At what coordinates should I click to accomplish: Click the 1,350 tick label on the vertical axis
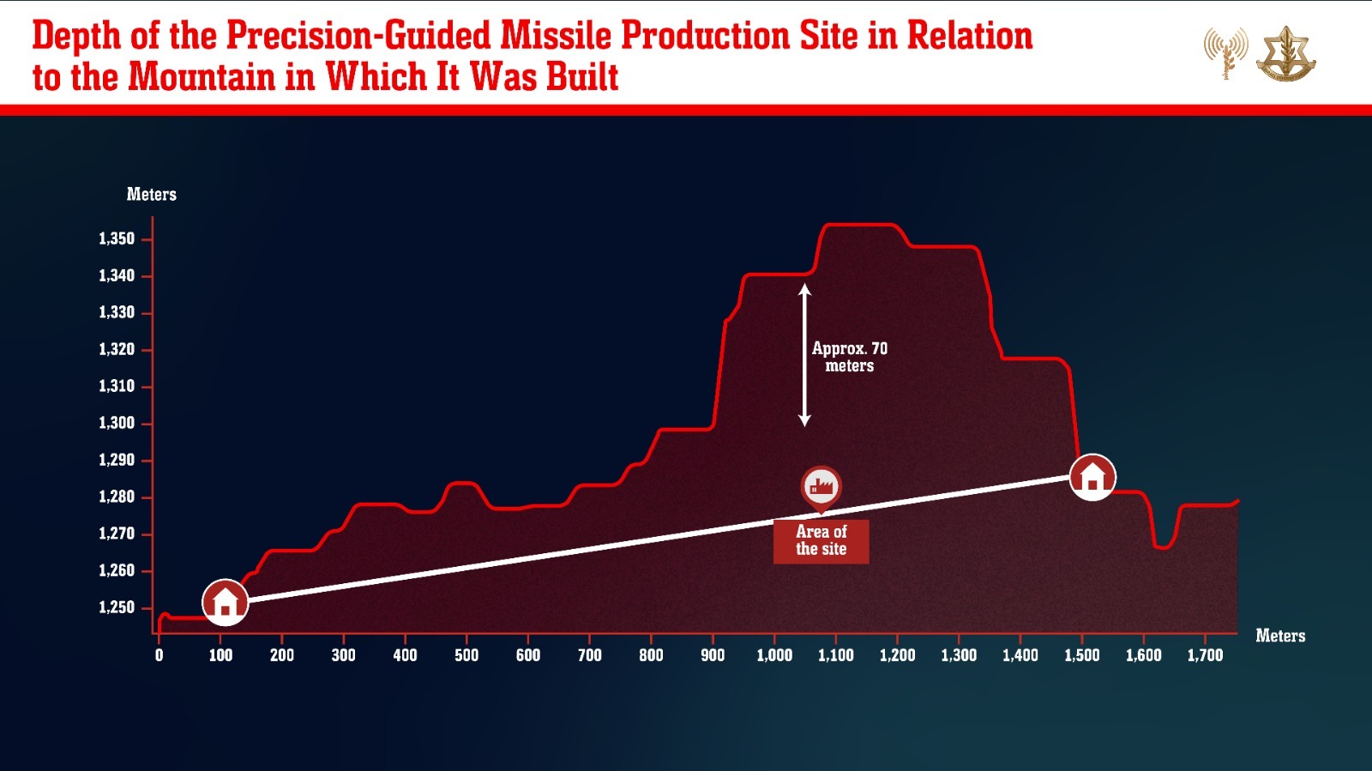117,238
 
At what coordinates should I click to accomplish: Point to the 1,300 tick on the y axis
117,423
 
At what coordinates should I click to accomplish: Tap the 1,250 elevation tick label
117,607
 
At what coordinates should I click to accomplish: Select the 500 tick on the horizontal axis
466,655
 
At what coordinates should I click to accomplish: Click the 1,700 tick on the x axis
1205,655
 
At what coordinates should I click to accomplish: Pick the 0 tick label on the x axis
159,655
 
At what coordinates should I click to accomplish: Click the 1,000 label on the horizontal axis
774,655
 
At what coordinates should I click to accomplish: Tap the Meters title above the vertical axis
151,195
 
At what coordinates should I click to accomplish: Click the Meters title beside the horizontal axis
1279,635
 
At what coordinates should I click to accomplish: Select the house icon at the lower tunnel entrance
225,601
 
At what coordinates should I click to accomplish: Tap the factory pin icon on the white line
821,487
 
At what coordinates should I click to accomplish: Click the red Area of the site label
821,541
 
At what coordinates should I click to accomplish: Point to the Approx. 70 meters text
849,357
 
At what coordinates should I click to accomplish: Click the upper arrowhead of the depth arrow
804,290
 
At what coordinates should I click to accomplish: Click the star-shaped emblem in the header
1285,54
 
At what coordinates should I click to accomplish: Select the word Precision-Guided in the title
358,36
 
